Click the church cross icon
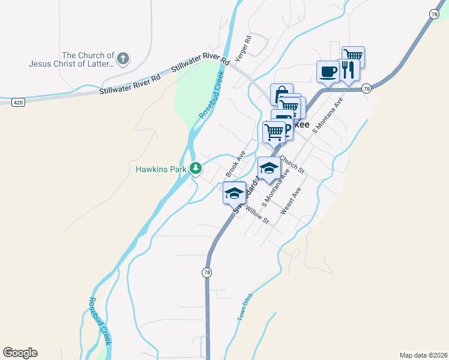pos(122,59)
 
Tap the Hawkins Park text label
pos(161,169)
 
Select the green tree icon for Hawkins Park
pos(195,169)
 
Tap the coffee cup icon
pos(328,71)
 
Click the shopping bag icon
pos(281,94)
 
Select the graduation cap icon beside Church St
pos(269,168)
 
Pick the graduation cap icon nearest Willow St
pos(234,193)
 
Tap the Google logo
pos(20,353)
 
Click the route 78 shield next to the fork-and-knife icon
pos(367,88)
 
